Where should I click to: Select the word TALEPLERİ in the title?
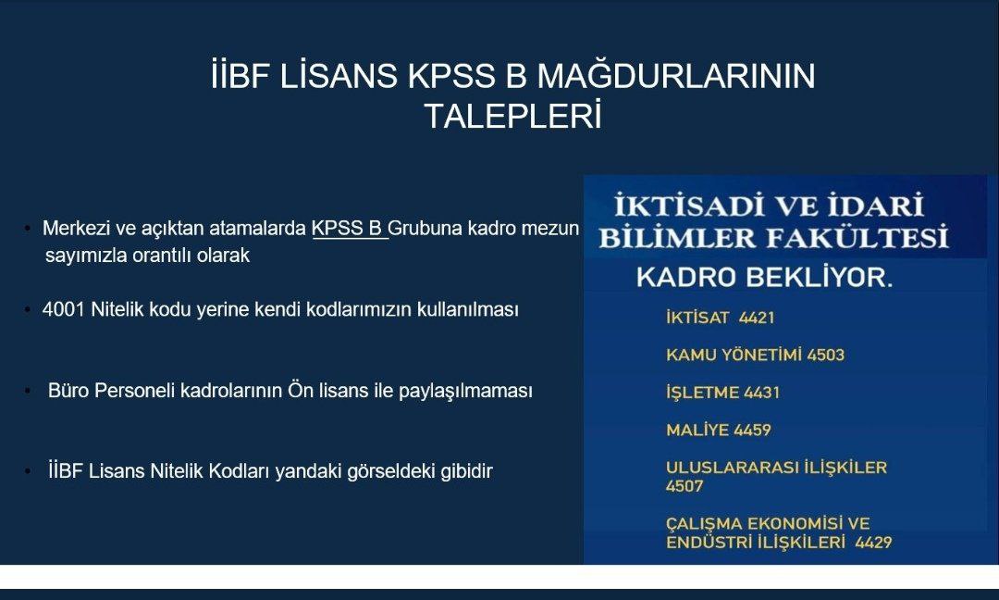click(x=512, y=117)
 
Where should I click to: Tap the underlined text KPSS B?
click(x=347, y=229)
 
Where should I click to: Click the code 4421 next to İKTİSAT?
click(x=757, y=318)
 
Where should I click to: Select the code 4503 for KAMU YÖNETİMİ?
click(x=825, y=355)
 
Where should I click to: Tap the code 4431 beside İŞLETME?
click(x=762, y=393)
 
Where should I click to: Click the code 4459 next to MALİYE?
click(x=752, y=430)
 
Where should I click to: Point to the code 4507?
click(x=684, y=486)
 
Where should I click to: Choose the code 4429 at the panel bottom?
click(x=873, y=543)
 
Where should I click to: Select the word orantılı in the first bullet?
click(x=138, y=256)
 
